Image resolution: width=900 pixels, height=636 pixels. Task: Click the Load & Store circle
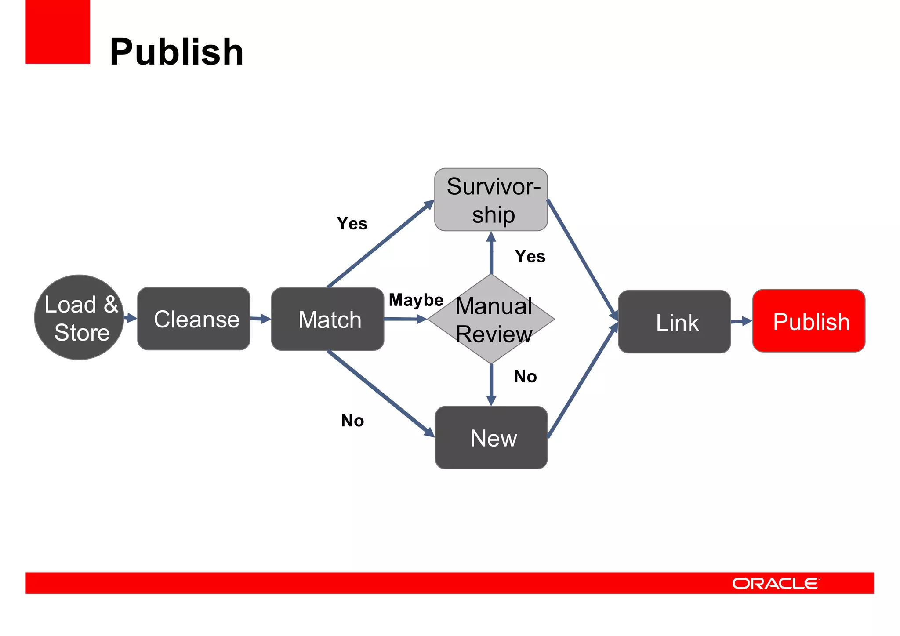click(x=79, y=317)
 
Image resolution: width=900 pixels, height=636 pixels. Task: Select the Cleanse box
click(x=194, y=319)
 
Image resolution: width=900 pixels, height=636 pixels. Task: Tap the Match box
click(x=328, y=319)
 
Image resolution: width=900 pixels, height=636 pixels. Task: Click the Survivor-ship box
click(x=491, y=200)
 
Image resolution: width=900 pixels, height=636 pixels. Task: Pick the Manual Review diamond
click(x=491, y=319)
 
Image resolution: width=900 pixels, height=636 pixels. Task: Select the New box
click(x=491, y=438)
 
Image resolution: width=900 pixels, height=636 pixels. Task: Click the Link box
click(x=674, y=322)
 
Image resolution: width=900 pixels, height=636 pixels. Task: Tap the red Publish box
click(x=809, y=321)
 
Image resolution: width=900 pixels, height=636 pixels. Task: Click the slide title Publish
click(x=176, y=52)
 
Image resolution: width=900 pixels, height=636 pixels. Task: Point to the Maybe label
click(x=416, y=300)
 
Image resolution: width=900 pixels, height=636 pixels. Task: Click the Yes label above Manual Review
click(x=530, y=256)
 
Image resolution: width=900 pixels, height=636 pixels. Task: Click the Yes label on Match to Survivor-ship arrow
click(x=352, y=223)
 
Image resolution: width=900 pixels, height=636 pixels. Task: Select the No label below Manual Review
click(x=525, y=377)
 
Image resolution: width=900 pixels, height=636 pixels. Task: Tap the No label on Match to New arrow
click(x=352, y=421)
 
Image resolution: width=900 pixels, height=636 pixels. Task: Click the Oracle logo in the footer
click(x=775, y=584)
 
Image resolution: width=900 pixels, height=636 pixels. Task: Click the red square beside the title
click(x=58, y=32)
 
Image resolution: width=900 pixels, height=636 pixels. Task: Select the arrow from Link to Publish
click(x=741, y=321)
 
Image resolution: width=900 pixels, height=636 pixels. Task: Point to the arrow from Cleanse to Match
click(x=261, y=319)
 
